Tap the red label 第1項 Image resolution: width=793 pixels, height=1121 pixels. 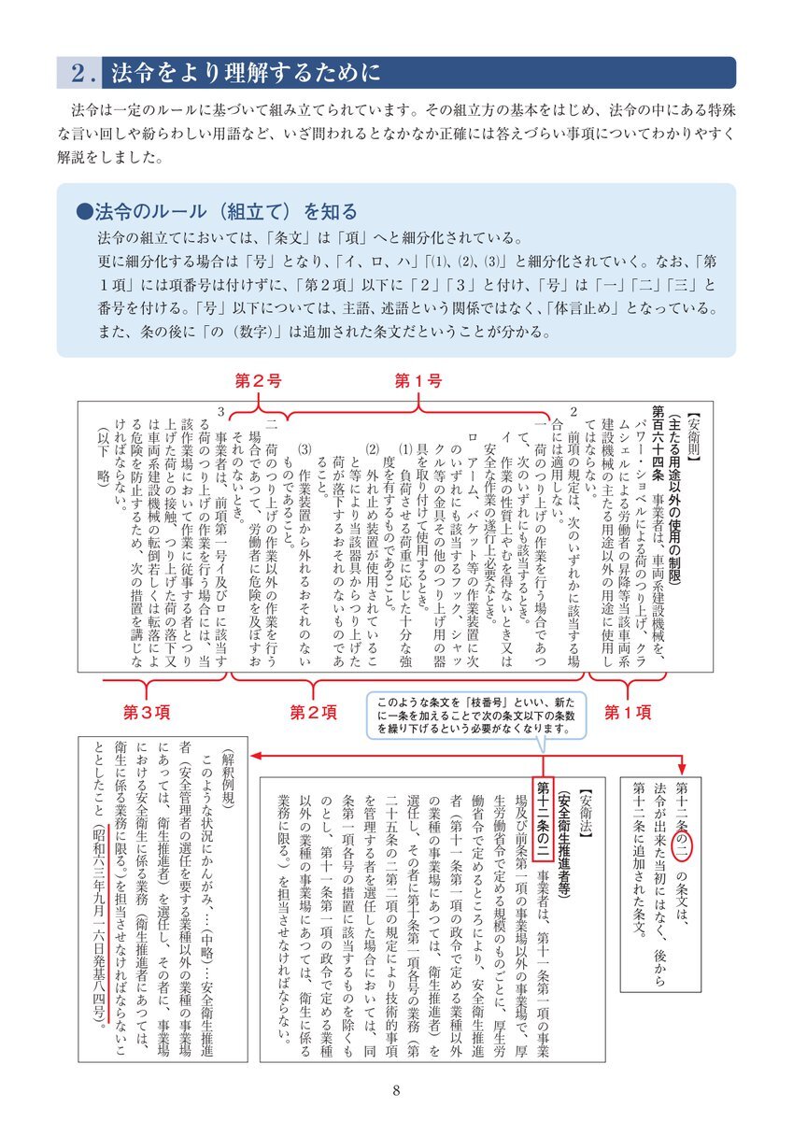(627, 712)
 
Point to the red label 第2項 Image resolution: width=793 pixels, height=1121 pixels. (314, 712)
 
